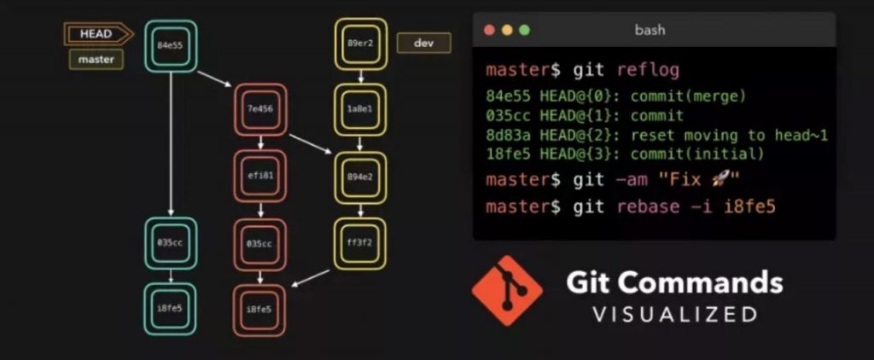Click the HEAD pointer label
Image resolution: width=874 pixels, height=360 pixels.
(x=96, y=34)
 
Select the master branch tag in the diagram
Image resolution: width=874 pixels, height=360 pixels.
(x=96, y=60)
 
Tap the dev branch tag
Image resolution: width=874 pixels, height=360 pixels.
(x=423, y=43)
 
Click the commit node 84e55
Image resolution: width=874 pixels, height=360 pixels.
(x=171, y=46)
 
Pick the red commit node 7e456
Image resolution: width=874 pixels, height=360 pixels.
(x=259, y=109)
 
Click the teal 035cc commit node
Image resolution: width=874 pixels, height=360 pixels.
(x=171, y=243)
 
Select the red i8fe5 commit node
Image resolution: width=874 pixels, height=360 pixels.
(x=259, y=310)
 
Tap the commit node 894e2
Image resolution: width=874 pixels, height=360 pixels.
(x=360, y=177)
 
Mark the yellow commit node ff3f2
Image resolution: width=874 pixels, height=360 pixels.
(x=360, y=243)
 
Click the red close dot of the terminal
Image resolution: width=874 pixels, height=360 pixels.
(x=489, y=30)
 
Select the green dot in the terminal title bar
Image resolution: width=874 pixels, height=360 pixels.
(x=524, y=30)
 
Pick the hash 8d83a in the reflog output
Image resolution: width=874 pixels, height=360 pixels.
(x=508, y=135)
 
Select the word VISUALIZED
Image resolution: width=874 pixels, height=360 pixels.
(x=675, y=314)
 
